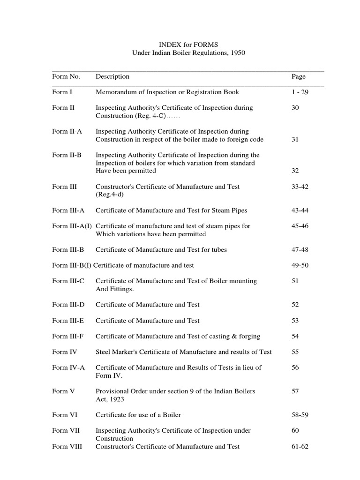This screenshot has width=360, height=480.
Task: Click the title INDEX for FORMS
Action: [x=187, y=45]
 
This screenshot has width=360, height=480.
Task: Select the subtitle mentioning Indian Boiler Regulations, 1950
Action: [x=187, y=53]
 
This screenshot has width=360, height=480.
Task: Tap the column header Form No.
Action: [x=66, y=76]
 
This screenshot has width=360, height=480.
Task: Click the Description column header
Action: [x=112, y=76]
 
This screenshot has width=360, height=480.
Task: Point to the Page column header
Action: [x=298, y=76]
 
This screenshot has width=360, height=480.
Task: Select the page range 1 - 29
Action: [x=300, y=92]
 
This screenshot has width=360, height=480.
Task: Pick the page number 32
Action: [x=295, y=171]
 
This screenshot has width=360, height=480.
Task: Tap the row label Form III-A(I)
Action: [x=72, y=226]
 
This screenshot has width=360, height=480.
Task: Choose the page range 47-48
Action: [x=300, y=250]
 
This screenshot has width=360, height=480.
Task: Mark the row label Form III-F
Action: [x=68, y=337]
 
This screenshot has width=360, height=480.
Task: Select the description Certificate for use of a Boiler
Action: [x=138, y=415]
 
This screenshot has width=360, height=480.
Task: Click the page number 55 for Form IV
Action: [x=295, y=352]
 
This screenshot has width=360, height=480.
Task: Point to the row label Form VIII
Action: [x=67, y=447]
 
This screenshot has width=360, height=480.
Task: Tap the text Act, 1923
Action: [x=111, y=399]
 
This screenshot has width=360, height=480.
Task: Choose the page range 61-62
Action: [x=300, y=447]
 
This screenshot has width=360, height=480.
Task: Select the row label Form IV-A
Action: [x=68, y=368]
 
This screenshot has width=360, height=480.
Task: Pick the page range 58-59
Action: [x=300, y=415]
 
